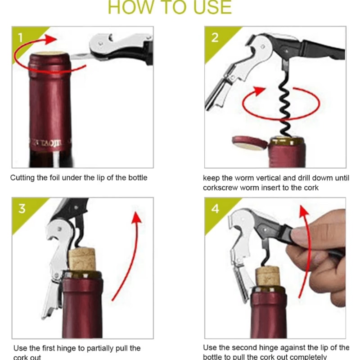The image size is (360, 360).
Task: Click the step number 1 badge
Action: [x=21, y=37]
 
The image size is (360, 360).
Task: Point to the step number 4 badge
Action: [x=215, y=209]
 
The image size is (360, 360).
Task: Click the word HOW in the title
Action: [x=124, y=7]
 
